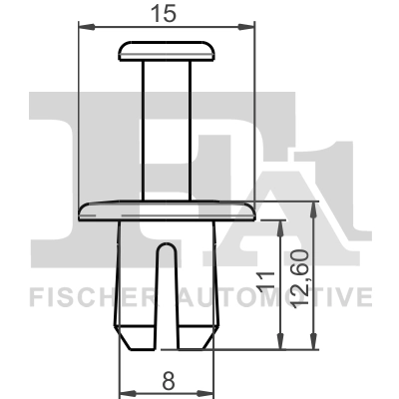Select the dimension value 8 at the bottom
tap(168, 379)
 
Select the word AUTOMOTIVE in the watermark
tap(289, 297)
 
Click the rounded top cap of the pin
tap(167, 50)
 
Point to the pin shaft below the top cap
tap(167, 130)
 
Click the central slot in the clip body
tap(168, 289)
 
